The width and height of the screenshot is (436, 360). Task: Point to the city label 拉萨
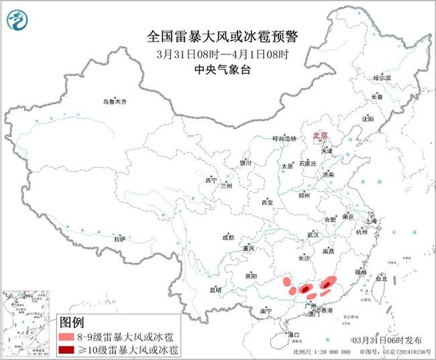(x=119, y=239)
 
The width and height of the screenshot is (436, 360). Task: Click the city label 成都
(x=228, y=237)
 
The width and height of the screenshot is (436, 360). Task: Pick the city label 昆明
(x=215, y=290)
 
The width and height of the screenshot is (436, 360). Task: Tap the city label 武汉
(x=313, y=235)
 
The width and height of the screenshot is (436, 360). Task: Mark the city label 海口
(x=292, y=333)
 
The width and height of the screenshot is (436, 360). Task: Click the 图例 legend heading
(x=74, y=321)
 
